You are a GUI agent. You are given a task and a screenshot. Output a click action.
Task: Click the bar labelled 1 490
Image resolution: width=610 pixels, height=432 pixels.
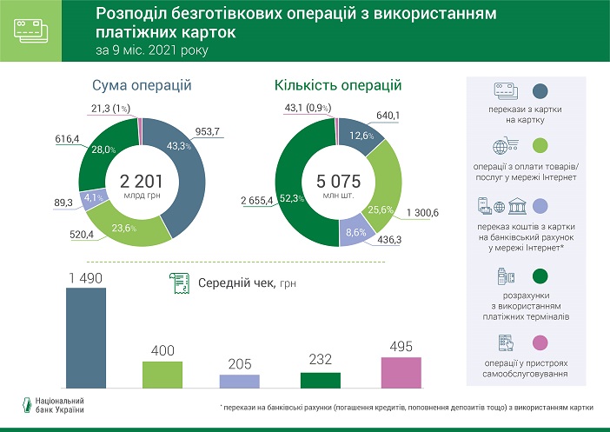point(86,338)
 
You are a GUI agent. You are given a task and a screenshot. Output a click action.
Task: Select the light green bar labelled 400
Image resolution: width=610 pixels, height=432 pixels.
point(162,374)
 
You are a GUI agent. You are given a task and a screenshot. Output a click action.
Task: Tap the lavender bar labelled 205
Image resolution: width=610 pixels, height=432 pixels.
point(240,381)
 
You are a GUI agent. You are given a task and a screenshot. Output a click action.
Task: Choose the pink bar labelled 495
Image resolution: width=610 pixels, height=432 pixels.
point(401,372)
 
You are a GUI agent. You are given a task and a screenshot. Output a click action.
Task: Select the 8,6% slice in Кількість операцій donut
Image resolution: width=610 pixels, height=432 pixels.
point(355,231)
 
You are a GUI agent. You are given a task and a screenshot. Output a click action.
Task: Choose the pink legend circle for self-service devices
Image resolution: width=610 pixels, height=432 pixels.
point(539,344)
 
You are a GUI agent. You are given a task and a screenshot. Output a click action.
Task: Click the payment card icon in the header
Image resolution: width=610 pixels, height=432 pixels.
point(31,30)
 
